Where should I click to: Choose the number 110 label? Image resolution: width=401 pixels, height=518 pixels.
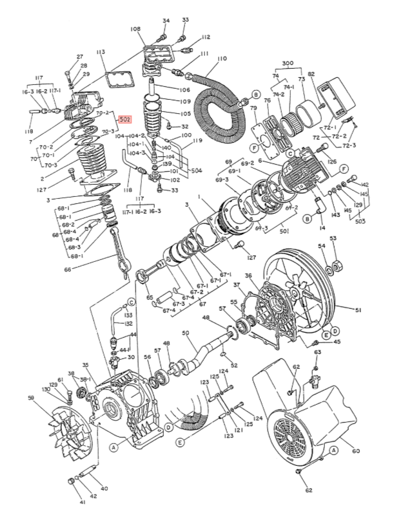click(222, 59)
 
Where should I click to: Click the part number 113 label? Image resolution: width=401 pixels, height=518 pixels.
click(101, 51)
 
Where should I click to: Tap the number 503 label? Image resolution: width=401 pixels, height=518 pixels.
click(360, 221)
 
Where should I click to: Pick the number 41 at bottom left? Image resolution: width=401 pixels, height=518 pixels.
click(83, 503)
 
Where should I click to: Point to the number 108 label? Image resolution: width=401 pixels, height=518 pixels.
click(135, 29)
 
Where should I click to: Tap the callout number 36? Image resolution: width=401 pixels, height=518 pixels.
click(249, 277)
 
